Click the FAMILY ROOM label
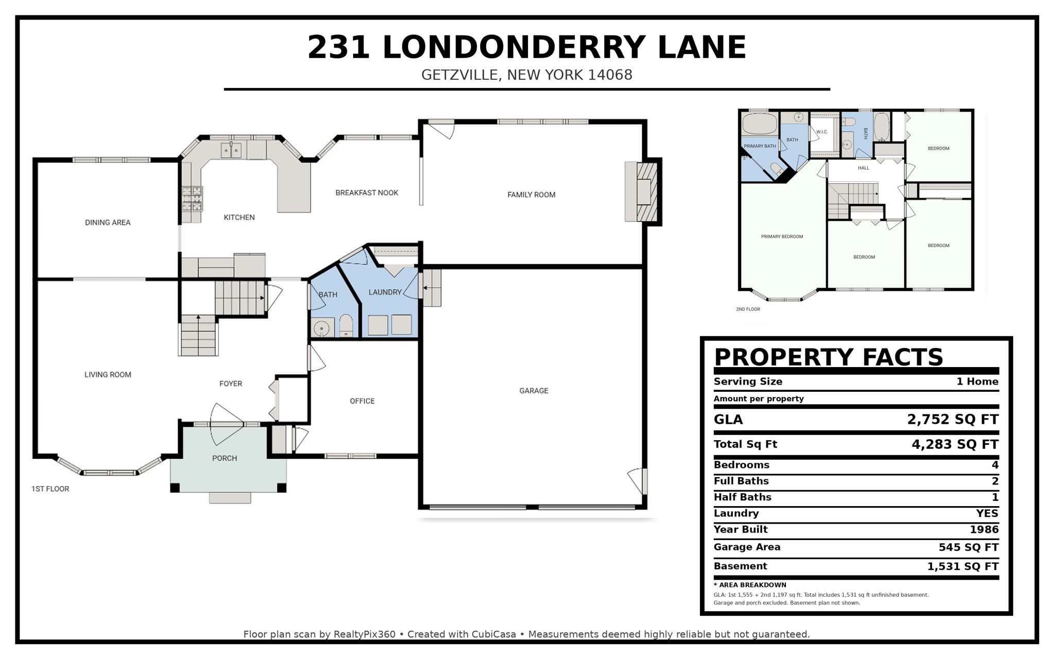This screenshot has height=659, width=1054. tap(531, 195)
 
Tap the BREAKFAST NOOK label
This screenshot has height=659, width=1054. tap(367, 193)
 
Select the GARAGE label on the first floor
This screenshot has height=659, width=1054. tap(534, 391)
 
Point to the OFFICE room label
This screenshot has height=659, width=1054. tap(362, 401)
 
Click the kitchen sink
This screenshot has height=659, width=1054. tap(232, 150)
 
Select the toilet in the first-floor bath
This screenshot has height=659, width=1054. tap(346, 326)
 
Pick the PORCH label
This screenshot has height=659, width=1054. tap(225, 458)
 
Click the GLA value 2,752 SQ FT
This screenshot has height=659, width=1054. tap(953, 420)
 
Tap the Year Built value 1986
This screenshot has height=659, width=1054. tap(984, 529)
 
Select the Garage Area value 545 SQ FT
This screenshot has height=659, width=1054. tap(969, 547)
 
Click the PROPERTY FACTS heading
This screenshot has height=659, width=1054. tap(829, 357)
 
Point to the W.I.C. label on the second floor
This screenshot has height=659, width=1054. tap(822, 132)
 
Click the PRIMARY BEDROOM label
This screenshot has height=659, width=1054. tap(782, 237)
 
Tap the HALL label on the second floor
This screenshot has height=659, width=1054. tap(864, 168)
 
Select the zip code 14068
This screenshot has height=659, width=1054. tap(610, 75)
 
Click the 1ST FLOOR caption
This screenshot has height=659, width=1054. tap(50, 489)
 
